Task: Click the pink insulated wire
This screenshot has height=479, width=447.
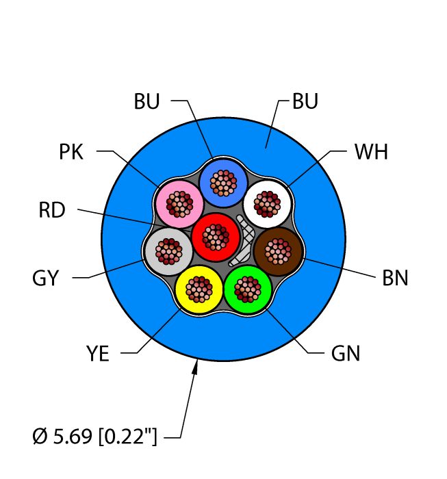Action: pyautogui.click(x=179, y=204)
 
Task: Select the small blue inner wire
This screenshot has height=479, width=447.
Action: pyautogui.click(x=222, y=183)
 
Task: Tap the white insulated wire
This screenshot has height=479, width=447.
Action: pyautogui.click(x=268, y=203)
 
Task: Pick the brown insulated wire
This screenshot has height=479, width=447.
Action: pyautogui.click(x=278, y=252)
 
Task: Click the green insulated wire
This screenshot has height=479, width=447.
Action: pyautogui.click(x=248, y=289)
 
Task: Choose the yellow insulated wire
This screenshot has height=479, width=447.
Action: pyautogui.click(x=199, y=289)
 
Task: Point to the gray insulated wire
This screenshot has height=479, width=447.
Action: pyautogui.click(x=169, y=251)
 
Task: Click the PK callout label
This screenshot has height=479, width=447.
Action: pyautogui.click(x=71, y=152)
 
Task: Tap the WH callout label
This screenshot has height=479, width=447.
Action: pyautogui.click(x=371, y=152)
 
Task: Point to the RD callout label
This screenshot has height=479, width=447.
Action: pyautogui.click(x=52, y=211)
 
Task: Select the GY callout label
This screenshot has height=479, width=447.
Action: pyautogui.click(x=46, y=279)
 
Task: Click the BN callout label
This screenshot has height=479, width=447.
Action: pyautogui.click(x=395, y=279)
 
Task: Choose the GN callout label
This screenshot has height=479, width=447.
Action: pyautogui.click(x=345, y=354)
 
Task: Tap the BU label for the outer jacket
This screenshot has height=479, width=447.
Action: pyautogui.click(x=305, y=102)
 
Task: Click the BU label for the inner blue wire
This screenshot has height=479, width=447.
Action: pyautogui.click(x=147, y=102)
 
